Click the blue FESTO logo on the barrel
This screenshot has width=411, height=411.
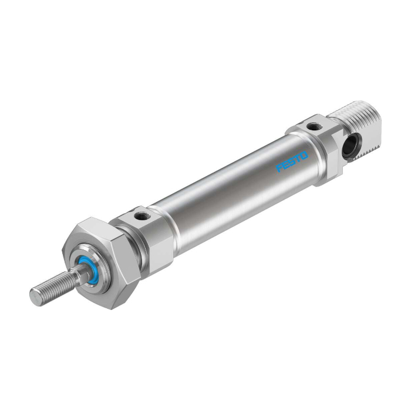coord(292,161)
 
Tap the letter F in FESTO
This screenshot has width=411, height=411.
coord(280,168)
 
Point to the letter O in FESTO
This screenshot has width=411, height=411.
coord(304,156)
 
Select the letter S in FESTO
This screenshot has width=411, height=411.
coord(292,161)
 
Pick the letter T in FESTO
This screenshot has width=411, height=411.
coord(298,159)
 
